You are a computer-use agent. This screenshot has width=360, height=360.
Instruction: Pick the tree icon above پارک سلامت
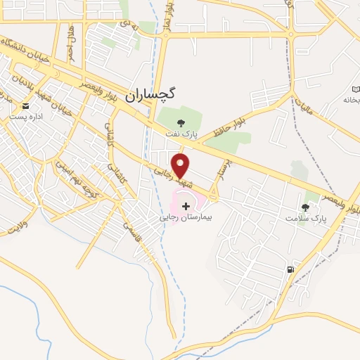(x=304, y=207)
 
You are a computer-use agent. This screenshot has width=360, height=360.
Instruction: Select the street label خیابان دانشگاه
(x=27, y=53)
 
